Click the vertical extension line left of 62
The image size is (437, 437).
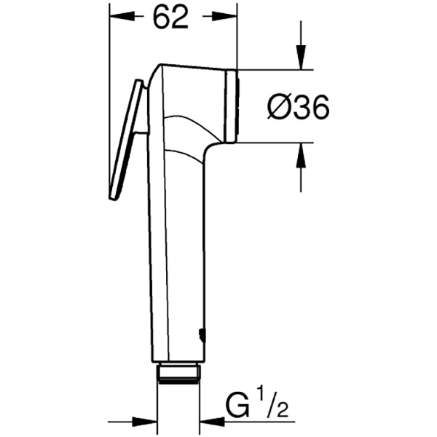(109, 44)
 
